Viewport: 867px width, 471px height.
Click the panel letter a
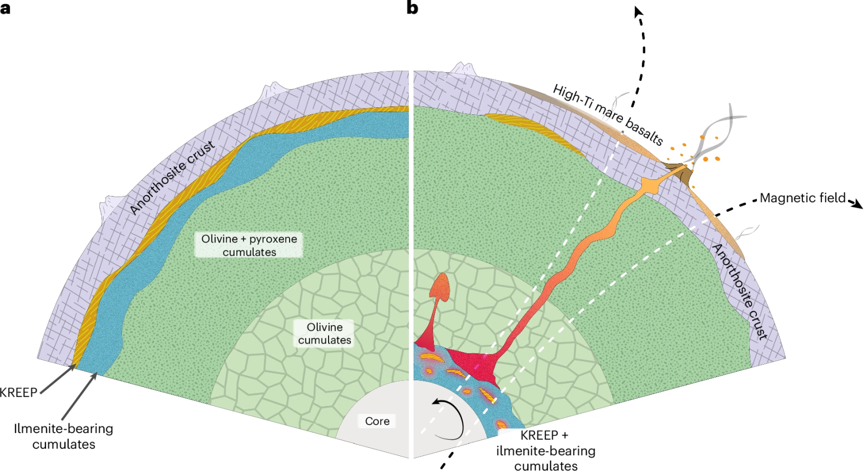point(5,8)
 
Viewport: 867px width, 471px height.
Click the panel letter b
point(412,8)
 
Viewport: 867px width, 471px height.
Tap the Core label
point(377,421)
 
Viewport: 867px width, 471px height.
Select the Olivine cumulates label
point(324,333)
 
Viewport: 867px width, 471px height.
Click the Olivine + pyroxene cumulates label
point(249,245)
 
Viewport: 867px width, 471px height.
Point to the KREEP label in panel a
point(18,392)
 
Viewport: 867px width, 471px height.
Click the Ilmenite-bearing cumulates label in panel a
point(63,436)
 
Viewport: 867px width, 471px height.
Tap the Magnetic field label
point(802,198)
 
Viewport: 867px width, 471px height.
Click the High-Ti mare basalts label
point(608,114)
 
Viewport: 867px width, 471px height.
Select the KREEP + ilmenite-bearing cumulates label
point(545,450)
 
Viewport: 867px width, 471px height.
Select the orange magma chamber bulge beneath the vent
point(649,186)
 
